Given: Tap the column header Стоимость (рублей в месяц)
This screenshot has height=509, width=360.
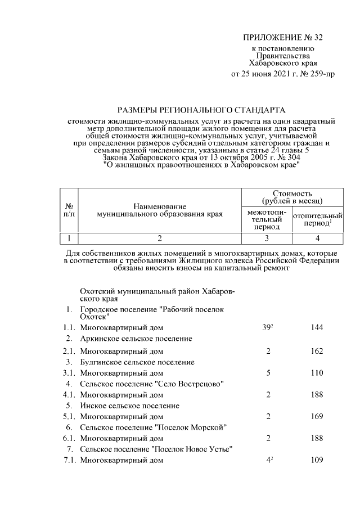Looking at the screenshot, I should (292, 197).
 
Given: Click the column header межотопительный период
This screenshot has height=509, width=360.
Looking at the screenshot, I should (267, 219).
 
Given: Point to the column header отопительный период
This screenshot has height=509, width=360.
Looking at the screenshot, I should (318, 219).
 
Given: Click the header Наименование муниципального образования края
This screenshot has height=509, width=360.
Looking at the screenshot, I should (160, 210).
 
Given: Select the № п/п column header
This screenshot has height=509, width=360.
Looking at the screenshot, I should (69, 210).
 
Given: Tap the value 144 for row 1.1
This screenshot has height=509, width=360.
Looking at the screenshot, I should (317, 327).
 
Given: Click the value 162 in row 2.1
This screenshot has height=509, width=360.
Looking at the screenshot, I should (317, 351).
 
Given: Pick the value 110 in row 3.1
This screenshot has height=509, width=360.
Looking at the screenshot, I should (317, 373).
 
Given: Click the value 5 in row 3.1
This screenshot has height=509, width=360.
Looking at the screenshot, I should (268, 373).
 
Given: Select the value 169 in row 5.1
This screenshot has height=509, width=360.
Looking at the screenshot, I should (317, 417).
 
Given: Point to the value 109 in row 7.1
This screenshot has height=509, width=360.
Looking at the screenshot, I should (317, 461).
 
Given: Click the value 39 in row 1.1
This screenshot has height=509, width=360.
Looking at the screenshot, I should (267, 327).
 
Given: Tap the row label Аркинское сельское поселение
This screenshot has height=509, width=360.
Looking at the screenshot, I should (136, 339).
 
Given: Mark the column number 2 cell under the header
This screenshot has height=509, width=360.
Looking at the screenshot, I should (160, 238).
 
